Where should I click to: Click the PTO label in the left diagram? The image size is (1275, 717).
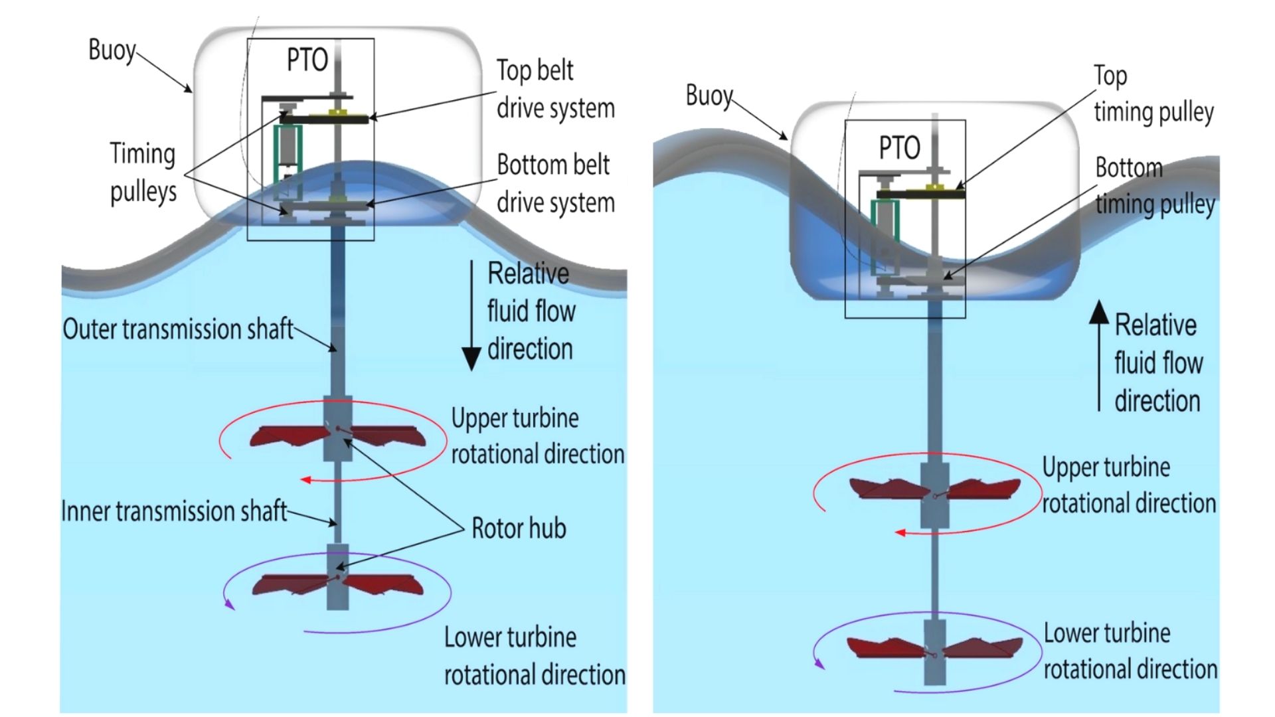(307, 60)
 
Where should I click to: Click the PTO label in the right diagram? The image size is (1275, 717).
(900, 147)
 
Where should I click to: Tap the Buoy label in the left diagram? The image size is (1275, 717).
(112, 50)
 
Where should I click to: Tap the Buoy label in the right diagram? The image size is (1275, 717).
(709, 96)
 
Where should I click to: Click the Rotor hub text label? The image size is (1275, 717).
(519, 528)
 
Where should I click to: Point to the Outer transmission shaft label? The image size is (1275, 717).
(178, 329)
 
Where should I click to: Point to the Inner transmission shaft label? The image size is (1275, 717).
(174, 511)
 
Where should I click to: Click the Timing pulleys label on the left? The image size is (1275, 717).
(143, 173)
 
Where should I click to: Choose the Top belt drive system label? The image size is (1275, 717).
(555, 89)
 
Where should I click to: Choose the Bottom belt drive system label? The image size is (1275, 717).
(555, 183)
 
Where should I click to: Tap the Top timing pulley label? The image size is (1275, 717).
(1153, 94)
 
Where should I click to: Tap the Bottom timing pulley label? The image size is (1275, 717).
(1154, 186)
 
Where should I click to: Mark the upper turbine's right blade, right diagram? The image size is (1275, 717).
(983, 489)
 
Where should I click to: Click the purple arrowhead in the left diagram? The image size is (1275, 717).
(230, 604)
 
